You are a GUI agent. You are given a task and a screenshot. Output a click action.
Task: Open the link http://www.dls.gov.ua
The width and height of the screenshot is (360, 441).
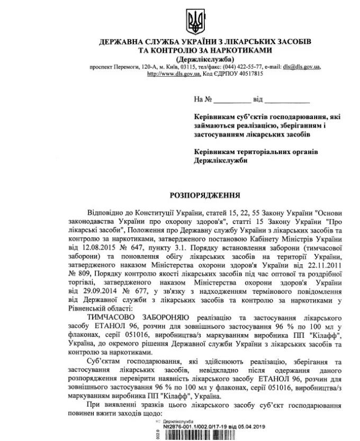click(x=173, y=74)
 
